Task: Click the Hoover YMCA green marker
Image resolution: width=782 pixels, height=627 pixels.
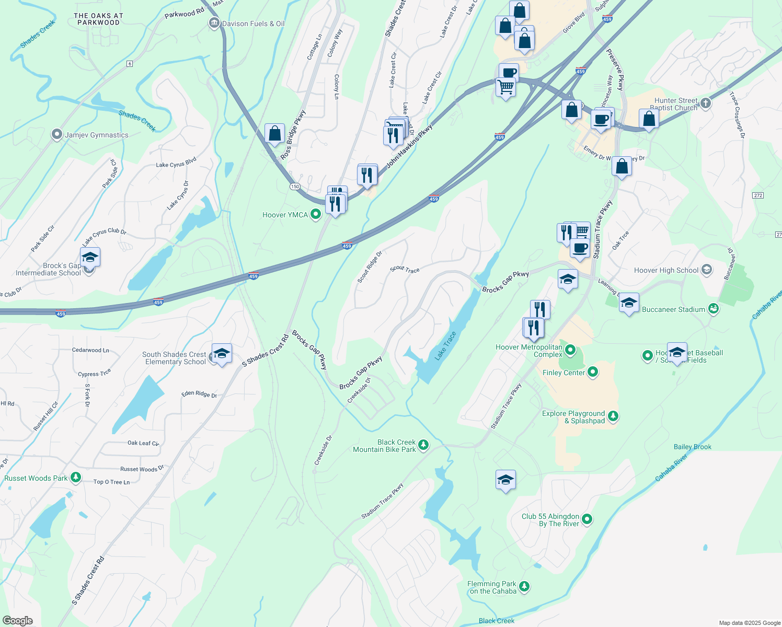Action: click(315, 214)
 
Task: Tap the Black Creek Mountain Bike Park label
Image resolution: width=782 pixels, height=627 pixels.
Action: click(384, 446)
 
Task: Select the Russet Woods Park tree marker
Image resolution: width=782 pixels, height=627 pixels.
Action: click(76, 478)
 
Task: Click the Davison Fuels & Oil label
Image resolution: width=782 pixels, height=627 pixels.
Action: click(253, 24)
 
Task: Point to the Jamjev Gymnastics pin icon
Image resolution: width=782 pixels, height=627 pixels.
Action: click(57, 135)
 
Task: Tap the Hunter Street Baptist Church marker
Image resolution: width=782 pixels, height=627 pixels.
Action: click(706, 103)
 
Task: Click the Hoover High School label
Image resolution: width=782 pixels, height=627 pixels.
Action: click(666, 270)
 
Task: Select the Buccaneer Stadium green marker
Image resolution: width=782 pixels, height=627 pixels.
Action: click(714, 309)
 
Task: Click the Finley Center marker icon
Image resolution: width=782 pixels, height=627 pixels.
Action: click(593, 372)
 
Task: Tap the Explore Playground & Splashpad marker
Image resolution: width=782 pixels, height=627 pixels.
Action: click(613, 416)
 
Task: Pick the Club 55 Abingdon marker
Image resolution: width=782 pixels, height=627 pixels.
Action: click(587, 519)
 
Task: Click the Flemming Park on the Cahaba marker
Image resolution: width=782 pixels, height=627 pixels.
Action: click(524, 587)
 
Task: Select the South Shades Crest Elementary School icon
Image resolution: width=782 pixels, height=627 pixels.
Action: click(222, 353)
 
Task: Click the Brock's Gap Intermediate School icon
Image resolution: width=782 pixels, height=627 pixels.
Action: click(90, 258)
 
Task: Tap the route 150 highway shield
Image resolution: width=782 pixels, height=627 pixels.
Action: click(295, 187)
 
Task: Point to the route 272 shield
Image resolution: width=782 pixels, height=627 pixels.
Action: click(758, 195)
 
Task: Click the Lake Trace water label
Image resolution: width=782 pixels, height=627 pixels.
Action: click(446, 346)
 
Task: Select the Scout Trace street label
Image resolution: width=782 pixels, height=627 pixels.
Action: click(405, 269)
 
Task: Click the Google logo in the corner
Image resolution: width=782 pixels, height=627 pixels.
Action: click(17, 621)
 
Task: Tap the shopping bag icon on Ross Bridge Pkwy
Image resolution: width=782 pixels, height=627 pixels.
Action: click(274, 134)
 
